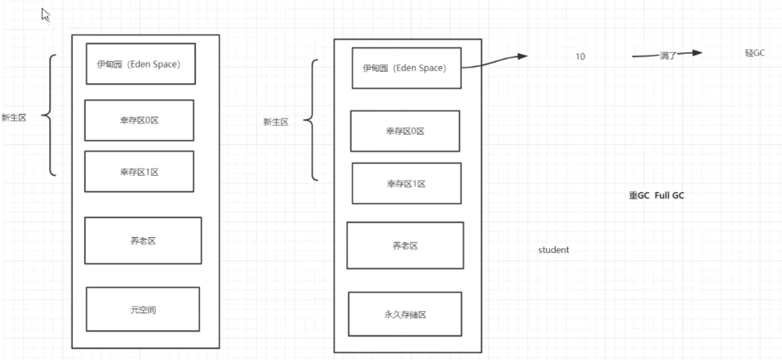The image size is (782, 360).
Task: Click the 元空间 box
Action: coord(143,309)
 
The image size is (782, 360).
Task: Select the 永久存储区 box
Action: coord(405,314)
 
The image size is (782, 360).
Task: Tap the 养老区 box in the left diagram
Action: coord(143,240)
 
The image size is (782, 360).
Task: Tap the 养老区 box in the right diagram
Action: coord(405,245)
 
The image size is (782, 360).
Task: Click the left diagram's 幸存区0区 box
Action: coord(139,120)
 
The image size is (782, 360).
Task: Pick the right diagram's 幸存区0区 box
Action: coord(405,131)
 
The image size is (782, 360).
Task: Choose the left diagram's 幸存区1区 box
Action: coord(139,172)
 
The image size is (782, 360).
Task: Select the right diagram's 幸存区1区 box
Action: coord(406,183)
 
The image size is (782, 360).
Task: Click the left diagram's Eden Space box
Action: coord(141,64)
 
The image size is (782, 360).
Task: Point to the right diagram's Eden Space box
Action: coord(406,68)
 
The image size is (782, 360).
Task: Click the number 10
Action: coord(580,56)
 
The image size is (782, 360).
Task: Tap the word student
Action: coord(553,250)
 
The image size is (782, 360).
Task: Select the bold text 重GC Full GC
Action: coord(656,196)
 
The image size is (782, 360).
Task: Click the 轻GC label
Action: coord(755,52)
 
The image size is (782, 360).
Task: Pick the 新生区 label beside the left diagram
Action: coord(14,118)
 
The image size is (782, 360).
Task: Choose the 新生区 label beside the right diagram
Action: coord(276,122)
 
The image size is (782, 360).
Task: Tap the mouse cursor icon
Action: coord(45,15)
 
